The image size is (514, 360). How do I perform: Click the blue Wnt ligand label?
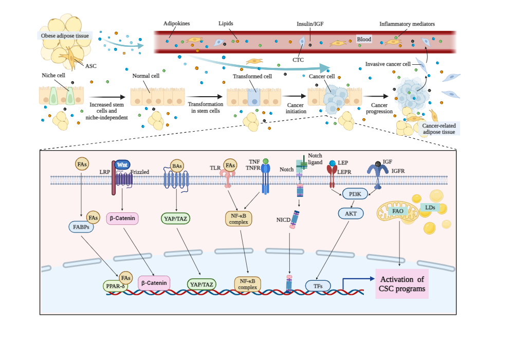pos(122,165)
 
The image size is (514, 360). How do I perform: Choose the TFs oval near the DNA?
pos(317,285)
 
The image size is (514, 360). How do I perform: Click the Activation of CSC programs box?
pos(402,284)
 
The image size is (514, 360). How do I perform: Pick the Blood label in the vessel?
pos(364,39)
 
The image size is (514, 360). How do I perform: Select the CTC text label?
pos(298,60)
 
